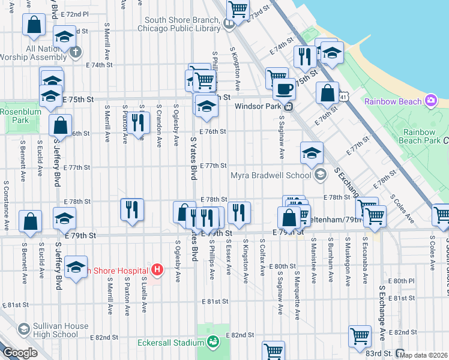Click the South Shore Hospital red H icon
tap(157, 270)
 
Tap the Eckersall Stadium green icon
tap(212, 343)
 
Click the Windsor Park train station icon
tap(289, 107)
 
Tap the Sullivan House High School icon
tap(23, 329)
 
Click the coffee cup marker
tap(284, 88)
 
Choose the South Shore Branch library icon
tap(229, 25)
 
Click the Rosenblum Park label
tap(14, 116)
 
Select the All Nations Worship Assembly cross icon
tap(76, 52)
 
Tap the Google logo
tap(20, 353)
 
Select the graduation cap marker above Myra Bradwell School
tap(312, 153)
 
